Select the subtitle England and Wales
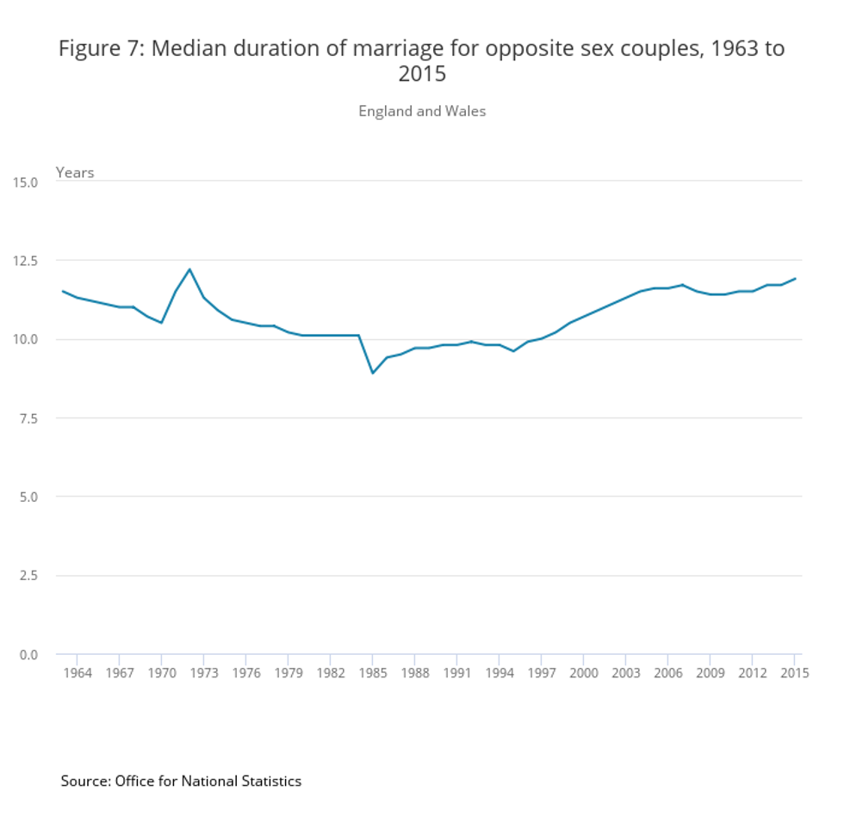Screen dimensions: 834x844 click(x=422, y=111)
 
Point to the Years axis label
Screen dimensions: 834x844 click(x=75, y=172)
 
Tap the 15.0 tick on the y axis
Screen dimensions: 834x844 click(x=25, y=182)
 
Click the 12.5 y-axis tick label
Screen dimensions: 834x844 click(x=25, y=260)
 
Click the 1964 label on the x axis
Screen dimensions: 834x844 click(x=78, y=673)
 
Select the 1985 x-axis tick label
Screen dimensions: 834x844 click(x=372, y=673)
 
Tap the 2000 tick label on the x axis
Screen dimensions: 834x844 click(x=583, y=673)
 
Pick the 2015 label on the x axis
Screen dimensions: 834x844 click(x=794, y=673)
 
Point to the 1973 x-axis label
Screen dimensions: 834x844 click(x=204, y=673)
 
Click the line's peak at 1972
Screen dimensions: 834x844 click(x=189, y=269)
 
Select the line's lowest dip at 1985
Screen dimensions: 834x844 click(x=372, y=373)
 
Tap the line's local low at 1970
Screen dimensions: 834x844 click(x=161, y=323)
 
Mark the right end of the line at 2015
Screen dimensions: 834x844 click(x=795, y=278)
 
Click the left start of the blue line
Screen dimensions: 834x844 click(x=62, y=291)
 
